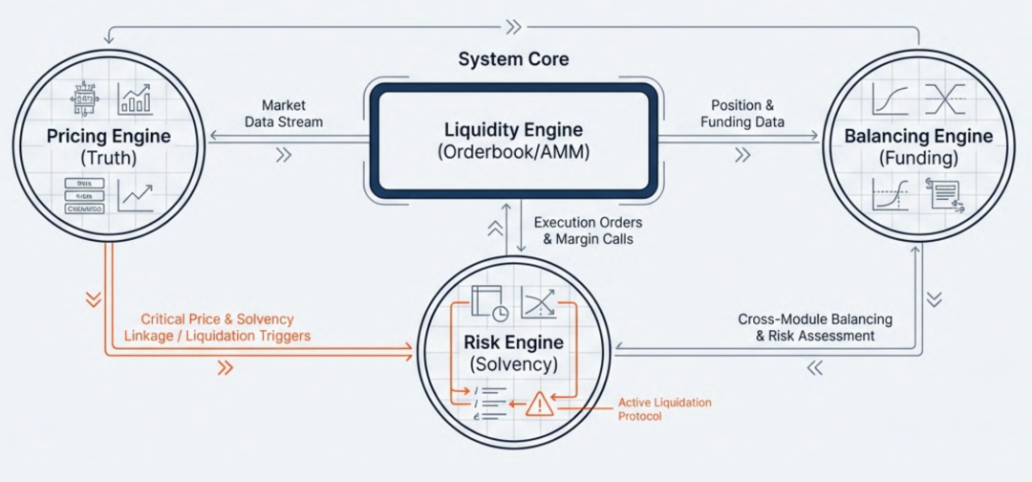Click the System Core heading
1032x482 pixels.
(x=513, y=59)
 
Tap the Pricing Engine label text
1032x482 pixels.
(x=109, y=136)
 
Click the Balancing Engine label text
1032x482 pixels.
(x=918, y=136)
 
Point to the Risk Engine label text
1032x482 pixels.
(x=513, y=341)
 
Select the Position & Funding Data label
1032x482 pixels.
(x=742, y=114)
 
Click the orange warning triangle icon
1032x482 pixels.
(x=540, y=405)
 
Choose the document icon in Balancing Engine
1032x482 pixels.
(x=944, y=194)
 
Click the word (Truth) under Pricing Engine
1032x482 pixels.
(x=109, y=157)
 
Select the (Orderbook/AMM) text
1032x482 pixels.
(x=513, y=151)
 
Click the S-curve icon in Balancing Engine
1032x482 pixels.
(x=891, y=99)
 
